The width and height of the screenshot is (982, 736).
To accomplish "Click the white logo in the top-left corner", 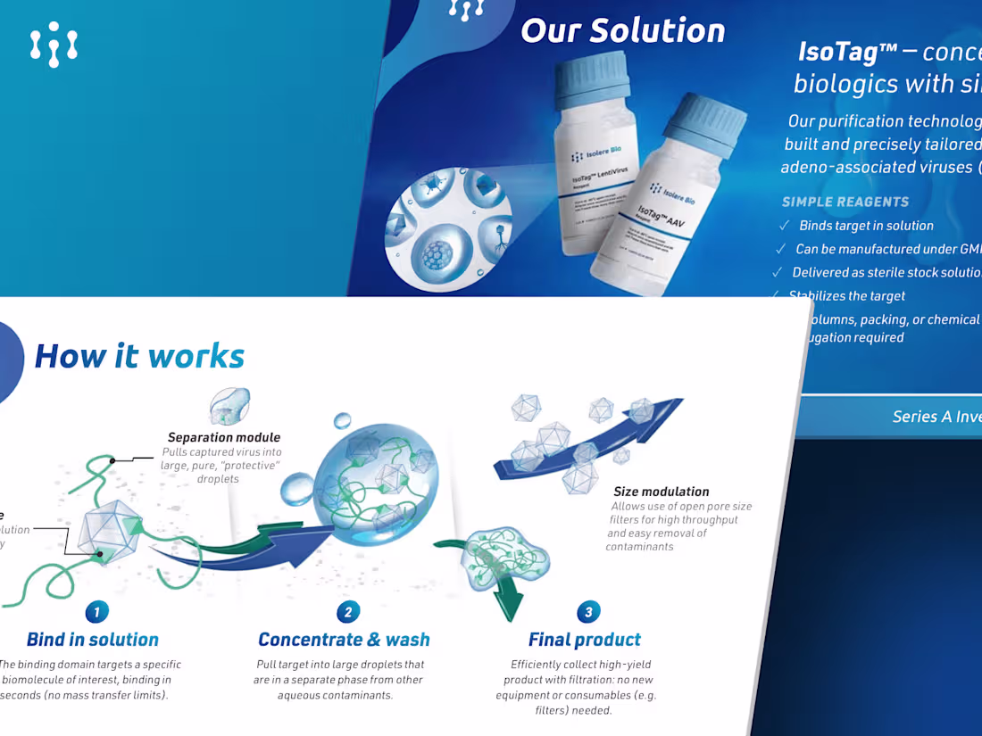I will point(54,45).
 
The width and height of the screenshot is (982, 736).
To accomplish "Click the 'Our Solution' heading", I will point(622,30).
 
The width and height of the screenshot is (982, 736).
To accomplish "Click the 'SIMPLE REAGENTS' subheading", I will point(845,202).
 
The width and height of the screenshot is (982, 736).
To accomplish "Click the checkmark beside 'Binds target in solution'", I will point(784,226).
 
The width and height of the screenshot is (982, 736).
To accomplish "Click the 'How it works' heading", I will point(138,356).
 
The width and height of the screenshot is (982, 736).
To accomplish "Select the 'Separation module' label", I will point(224,437).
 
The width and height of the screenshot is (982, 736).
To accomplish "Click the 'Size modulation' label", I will point(662,492).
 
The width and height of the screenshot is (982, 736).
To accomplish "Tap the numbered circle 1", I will point(96,612).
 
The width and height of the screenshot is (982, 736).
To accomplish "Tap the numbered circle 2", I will point(347,612).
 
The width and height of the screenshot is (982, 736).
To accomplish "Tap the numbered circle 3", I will point(587,612).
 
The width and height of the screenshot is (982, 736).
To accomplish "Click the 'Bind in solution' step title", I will point(93,640).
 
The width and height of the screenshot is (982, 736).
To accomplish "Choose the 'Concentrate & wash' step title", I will point(344,640).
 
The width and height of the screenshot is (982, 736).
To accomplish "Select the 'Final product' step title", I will point(585,640).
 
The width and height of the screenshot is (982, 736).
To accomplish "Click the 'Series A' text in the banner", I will point(920,416).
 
